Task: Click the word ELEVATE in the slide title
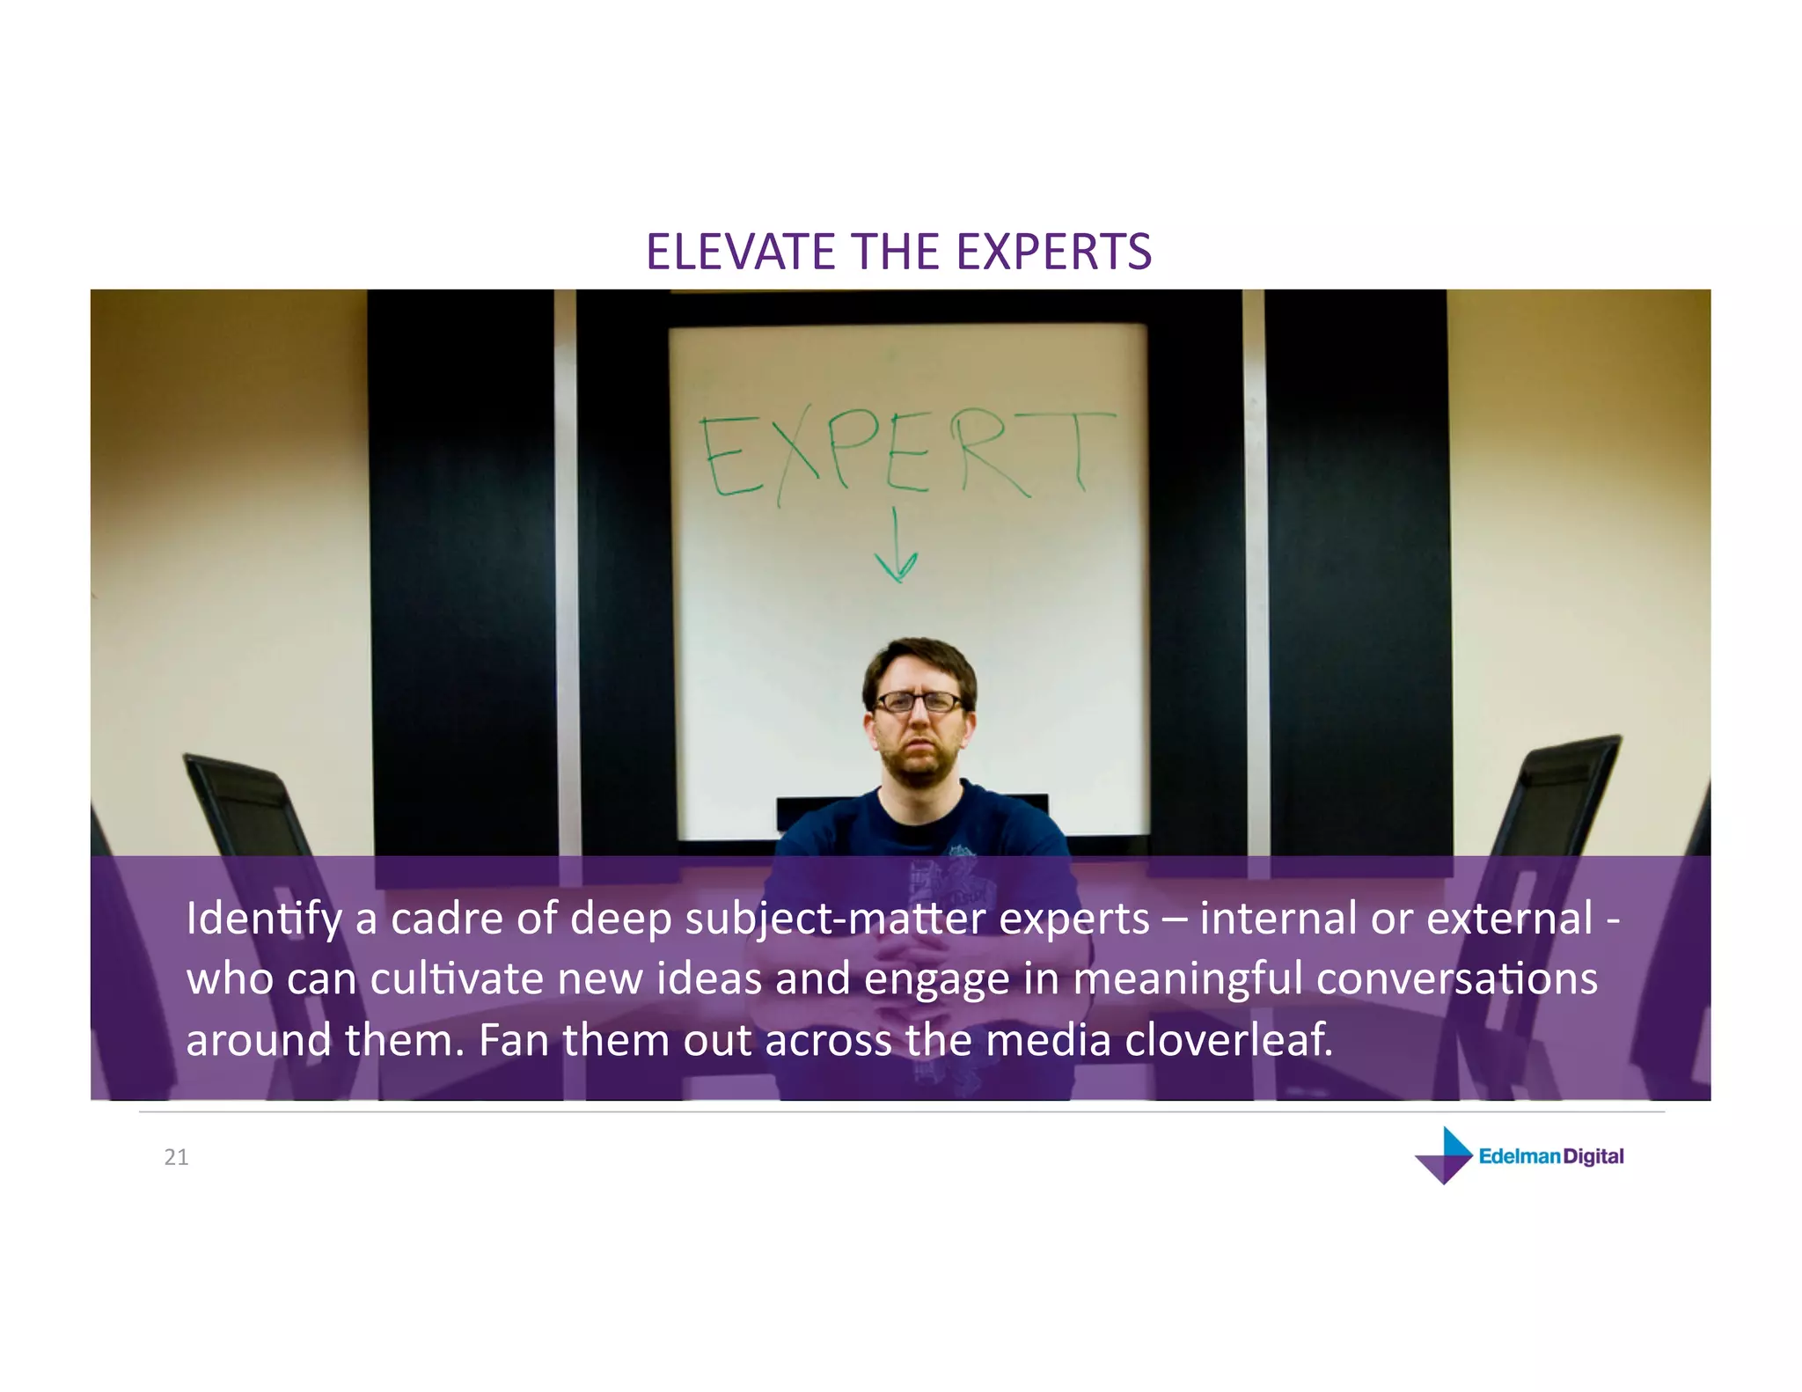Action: coord(741,252)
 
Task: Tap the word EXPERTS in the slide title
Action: coord(1053,252)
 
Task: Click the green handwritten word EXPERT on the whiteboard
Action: coord(906,456)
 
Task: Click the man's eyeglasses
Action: coord(918,702)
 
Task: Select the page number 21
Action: coord(176,1157)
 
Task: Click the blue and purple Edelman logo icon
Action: coord(1444,1155)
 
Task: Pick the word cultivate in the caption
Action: coord(457,979)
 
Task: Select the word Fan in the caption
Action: coord(514,1040)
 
